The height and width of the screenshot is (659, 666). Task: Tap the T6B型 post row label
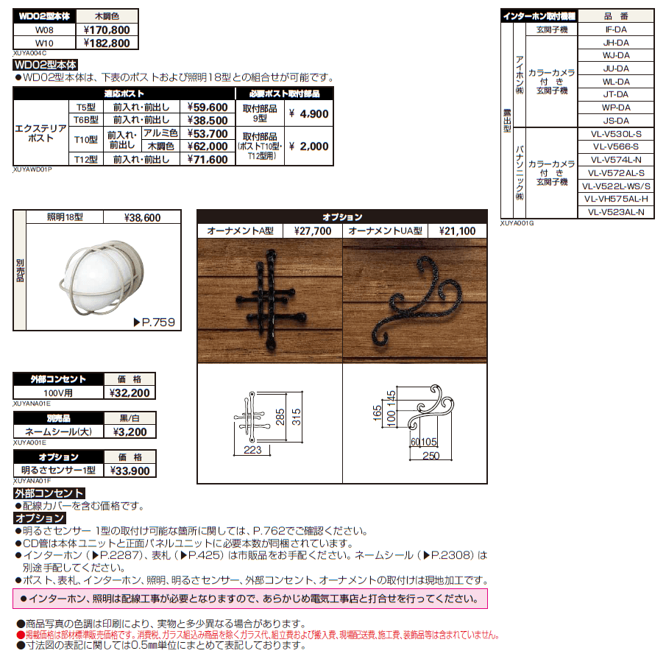click(x=83, y=120)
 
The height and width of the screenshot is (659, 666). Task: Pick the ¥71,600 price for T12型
click(x=208, y=159)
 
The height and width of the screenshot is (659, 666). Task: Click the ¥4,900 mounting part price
click(x=308, y=114)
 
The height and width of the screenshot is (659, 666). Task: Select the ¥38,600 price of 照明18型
click(x=142, y=218)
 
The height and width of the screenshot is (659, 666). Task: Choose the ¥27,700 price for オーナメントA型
click(x=312, y=230)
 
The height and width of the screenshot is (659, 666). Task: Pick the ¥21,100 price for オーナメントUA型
click(x=457, y=230)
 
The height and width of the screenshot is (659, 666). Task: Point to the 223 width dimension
click(x=253, y=449)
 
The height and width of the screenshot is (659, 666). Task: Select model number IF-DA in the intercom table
click(x=616, y=30)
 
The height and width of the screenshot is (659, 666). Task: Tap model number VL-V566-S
click(x=616, y=147)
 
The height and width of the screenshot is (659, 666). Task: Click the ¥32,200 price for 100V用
click(x=130, y=392)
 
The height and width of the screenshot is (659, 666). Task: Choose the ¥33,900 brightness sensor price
click(x=130, y=471)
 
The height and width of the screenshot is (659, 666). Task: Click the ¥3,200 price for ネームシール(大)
click(x=130, y=432)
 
